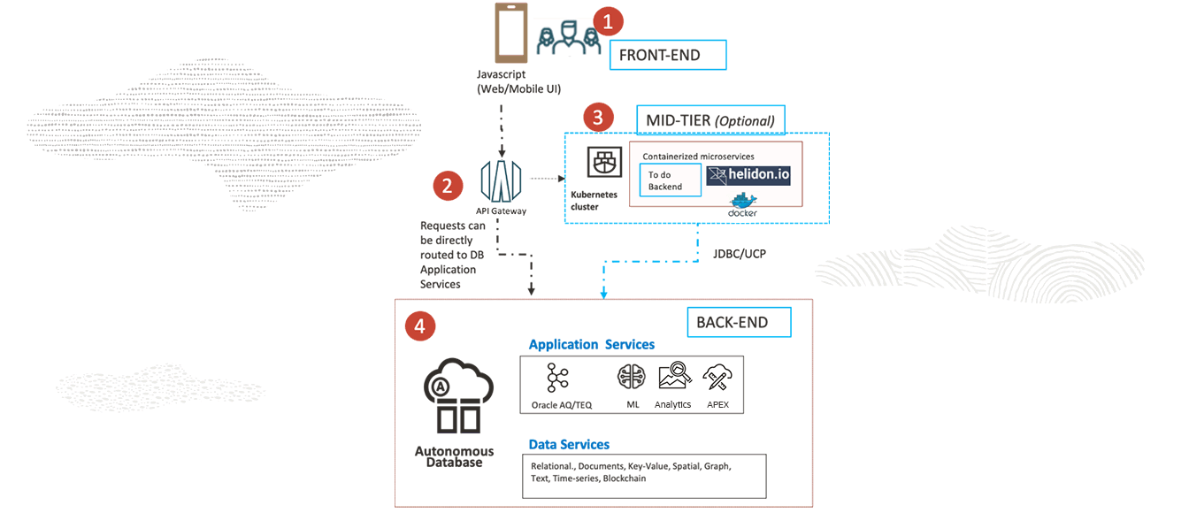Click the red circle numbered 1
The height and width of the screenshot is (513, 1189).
click(x=608, y=22)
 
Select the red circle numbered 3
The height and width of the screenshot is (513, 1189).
click(x=598, y=117)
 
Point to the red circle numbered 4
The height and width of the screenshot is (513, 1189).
click(x=419, y=326)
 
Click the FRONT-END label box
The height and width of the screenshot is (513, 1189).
click(x=667, y=55)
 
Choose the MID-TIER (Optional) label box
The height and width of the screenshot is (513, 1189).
click(x=710, y=120)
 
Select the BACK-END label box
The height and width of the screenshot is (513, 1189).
click(x=739, y=323)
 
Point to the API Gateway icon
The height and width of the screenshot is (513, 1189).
click(x=501, y=181)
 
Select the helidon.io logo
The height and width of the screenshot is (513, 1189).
click(x=748, y=175)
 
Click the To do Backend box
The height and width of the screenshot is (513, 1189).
click(x=670, y=180)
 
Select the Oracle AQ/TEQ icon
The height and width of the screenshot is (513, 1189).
click(x=558, y=378)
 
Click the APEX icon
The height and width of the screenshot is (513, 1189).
click(x=716, y=378)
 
